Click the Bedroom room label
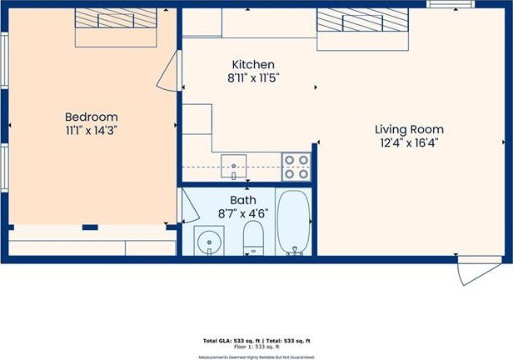click(92, 117)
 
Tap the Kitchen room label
click(253, 64)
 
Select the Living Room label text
click(408, 129)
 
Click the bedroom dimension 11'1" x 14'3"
click(92, 131)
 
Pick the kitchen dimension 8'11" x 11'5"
click(253, 77)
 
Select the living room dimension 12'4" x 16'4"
click(408, 142)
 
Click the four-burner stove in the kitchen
click(296, 167)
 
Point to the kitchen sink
click(234, 167)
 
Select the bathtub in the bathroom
click(293, 222)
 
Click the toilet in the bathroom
click(253, 238)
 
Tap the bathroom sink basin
click(207, 242)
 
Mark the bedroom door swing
click(169, 70)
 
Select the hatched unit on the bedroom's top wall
click(116, 18)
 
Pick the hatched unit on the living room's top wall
click(361, 18)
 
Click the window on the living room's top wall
click(445, 4)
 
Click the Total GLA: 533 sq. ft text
click(231, 341)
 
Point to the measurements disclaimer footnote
click(256, 357)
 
